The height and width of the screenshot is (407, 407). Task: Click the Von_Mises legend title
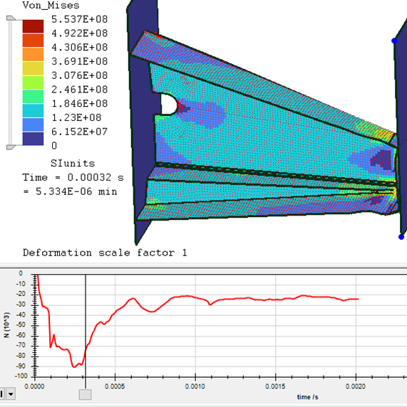51,5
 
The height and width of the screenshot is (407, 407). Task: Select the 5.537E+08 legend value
79,19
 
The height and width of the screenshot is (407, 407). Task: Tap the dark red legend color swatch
33,26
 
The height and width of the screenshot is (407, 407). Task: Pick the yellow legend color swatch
33,68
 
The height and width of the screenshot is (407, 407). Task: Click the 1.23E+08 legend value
76,117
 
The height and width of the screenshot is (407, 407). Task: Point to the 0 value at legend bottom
54,146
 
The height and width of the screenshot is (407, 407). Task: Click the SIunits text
73,163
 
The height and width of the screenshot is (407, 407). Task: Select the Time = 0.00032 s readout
73,178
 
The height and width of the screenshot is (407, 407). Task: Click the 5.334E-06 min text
76,191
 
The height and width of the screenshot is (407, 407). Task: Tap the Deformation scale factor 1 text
105,253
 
